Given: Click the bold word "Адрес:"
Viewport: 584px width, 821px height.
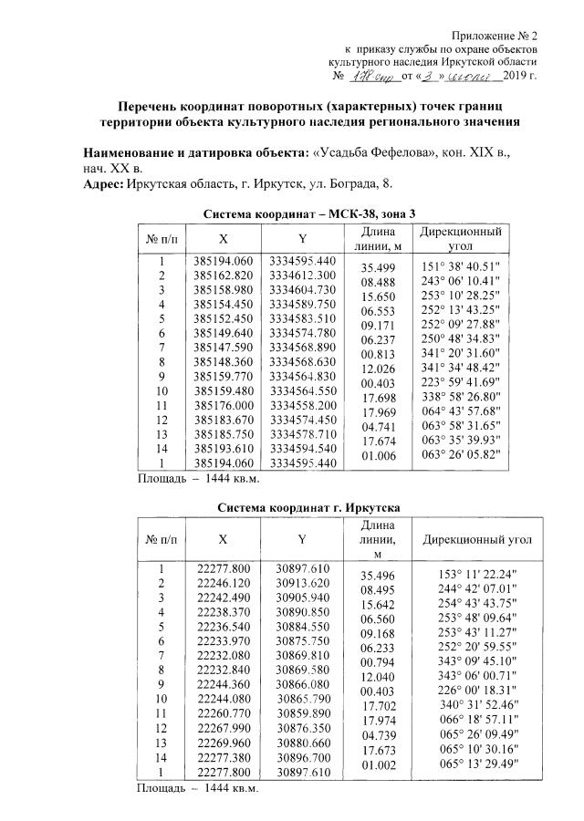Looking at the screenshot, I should point(103,183).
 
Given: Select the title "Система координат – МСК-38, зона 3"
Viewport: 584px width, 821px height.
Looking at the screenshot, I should point(309,213).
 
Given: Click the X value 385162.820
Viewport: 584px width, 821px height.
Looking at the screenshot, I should point(224,275).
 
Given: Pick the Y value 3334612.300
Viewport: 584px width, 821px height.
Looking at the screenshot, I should point(303,275).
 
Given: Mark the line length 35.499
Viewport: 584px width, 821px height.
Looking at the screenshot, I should point(377,268).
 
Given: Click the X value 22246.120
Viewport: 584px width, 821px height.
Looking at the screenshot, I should point(224,582).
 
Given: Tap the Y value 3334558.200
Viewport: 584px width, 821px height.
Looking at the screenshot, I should point(303,405).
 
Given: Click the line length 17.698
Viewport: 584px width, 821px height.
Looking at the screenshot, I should point(377,398).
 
